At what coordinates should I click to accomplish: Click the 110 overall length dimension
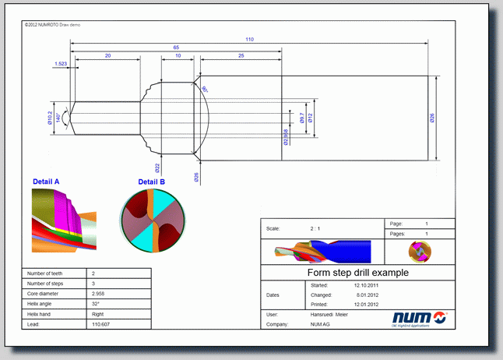tap(249, 39)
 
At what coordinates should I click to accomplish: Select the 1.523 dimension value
tap(61, 63)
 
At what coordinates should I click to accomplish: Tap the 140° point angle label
tap(58, 117)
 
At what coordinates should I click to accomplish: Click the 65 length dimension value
tap(177, 48)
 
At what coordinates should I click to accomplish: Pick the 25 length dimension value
tap(241, 56)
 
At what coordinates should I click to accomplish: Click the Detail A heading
tap(46, 182)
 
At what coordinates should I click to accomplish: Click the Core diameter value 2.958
tap(98, 294)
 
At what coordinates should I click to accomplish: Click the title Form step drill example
tap(357, 273)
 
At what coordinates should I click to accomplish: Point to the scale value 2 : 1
tap(315, 229)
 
